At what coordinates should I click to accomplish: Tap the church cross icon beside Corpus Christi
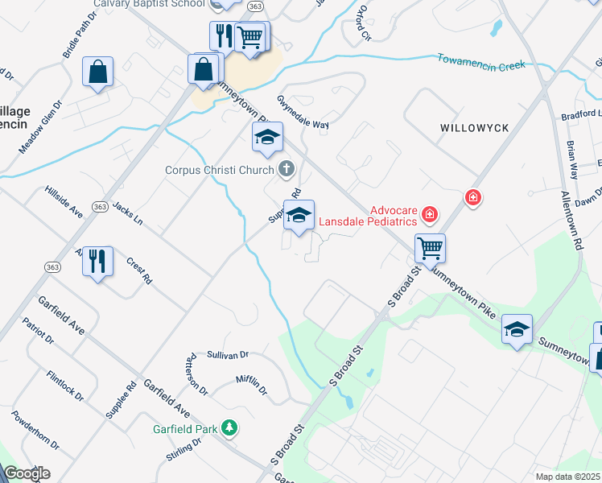285,169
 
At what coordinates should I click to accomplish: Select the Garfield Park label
185,429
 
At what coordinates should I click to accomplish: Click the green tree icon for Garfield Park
229,427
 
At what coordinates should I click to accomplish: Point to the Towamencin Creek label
480,61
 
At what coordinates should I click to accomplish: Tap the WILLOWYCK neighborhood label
471,128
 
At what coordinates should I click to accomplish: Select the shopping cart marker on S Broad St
431,248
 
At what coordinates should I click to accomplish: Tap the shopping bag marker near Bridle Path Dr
97,72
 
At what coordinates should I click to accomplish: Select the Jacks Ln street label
127,214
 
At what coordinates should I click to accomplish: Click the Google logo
27,473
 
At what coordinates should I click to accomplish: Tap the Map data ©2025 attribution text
567,477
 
